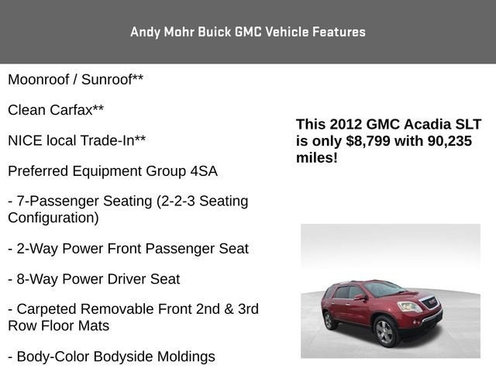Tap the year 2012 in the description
pos(346,124)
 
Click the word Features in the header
pos(339,32)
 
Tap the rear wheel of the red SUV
pos(329,319)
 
